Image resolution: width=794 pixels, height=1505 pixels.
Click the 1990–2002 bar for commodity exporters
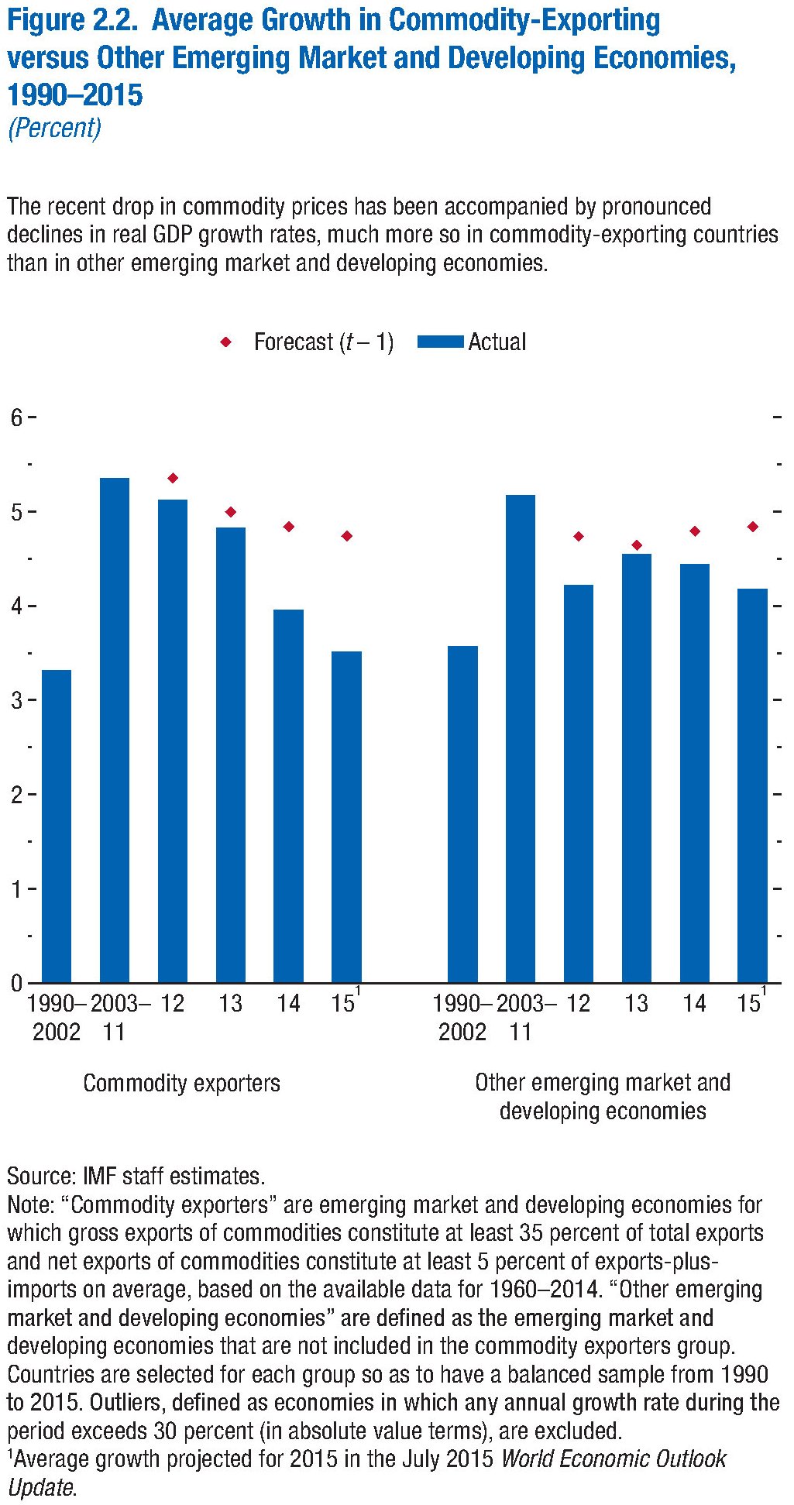tap(56, 826)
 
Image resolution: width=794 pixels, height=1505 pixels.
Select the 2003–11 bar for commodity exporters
tap(115, 730)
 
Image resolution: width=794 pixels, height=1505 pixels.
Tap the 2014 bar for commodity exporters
tap(288, 795)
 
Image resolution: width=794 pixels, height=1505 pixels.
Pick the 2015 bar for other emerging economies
tap(752, 785)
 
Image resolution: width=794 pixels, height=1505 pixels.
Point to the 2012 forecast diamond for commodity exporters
tap(173, 478)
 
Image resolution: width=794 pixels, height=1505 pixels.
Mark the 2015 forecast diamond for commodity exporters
tap(347, 536)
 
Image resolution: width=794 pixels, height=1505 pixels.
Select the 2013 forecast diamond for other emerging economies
tap(637, 545)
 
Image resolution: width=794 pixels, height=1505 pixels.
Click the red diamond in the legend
tap(226, 342)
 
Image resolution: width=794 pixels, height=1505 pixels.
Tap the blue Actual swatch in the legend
tap(440, 342)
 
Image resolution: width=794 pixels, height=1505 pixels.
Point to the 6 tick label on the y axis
tap(16, 417)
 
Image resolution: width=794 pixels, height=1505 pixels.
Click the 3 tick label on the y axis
tap(16, 700)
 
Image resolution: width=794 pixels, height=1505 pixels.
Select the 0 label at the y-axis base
tap(16, 983)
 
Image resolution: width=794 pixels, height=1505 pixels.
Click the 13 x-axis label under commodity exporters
tap(230, 1004)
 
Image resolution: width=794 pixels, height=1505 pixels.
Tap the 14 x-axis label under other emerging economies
tap(694, 1004)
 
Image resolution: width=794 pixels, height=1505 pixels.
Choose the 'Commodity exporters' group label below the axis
tap(181, 1083)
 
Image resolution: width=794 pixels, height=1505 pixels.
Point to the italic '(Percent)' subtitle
tap(54, 128)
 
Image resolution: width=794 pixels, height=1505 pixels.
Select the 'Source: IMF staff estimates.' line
tap(136, 1176)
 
